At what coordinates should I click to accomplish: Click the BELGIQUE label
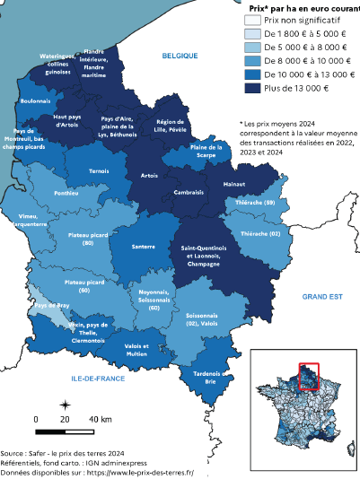coord(180,56)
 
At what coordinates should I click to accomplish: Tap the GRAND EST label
coord(323,296)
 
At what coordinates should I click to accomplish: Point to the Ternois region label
coord(99,170)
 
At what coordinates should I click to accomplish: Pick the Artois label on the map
coord(149,176)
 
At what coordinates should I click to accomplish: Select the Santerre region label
coord(144,245)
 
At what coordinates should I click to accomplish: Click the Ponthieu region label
coord(66,193)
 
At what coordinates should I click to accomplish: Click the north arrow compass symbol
coord(66,405)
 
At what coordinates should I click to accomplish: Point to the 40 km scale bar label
coord(100,420)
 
